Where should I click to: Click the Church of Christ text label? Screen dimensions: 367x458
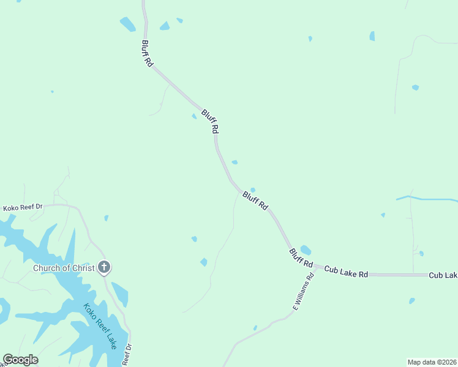(x=64, y=268)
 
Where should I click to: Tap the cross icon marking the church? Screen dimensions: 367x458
(x=104, y=267)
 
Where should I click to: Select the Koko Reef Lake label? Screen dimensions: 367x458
(x=100, y=327)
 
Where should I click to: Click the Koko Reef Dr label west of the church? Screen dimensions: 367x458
(x=23, y=208)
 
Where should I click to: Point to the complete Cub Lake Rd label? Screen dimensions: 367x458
(x=346, y=272)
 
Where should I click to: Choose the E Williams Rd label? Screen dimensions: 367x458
(x=304, y=292)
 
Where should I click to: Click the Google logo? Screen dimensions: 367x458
(x=20, y=360)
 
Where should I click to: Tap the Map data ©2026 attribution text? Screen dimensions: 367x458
(x=432, y=361)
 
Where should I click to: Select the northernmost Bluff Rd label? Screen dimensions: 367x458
(x=147, y=54)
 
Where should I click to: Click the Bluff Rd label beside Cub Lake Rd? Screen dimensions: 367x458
(x=301, y=258)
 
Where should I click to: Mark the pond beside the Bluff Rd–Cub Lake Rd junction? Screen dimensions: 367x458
(x=305, y=250)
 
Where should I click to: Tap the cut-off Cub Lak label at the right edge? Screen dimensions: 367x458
(x=443, y=275)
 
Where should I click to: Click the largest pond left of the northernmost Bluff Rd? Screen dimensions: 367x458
(x=127, y=24)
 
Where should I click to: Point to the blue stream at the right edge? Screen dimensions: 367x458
(x=429, y=199)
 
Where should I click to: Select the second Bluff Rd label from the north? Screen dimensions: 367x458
(x=210, y=122)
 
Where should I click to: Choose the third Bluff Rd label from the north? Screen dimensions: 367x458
(x=255, y=201)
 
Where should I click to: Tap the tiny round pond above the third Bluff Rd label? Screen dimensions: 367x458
(x=253, y=190)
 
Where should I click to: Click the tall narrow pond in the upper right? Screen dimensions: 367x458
(x=372, y=36)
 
